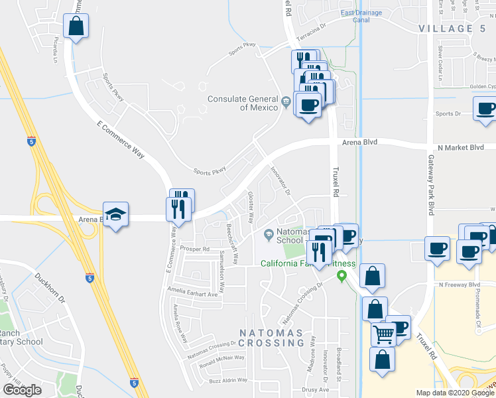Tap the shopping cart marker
pos(383,334)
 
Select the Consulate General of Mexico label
pos(243,103)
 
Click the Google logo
pos(22,390)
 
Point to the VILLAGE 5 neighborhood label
pos(452,29)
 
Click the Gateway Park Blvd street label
pos(430,190)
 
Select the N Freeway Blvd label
pos(460,285)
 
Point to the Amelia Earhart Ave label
pos(193,293)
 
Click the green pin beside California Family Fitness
pos(342,275)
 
